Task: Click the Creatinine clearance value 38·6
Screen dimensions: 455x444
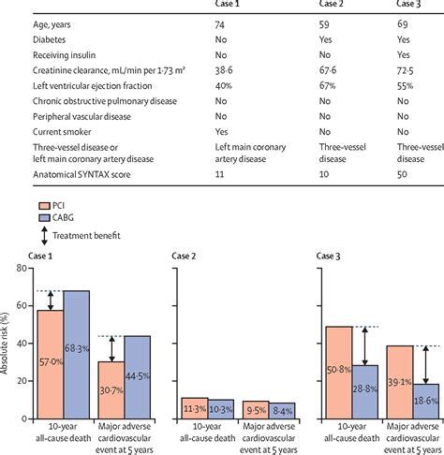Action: coord(226,72)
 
